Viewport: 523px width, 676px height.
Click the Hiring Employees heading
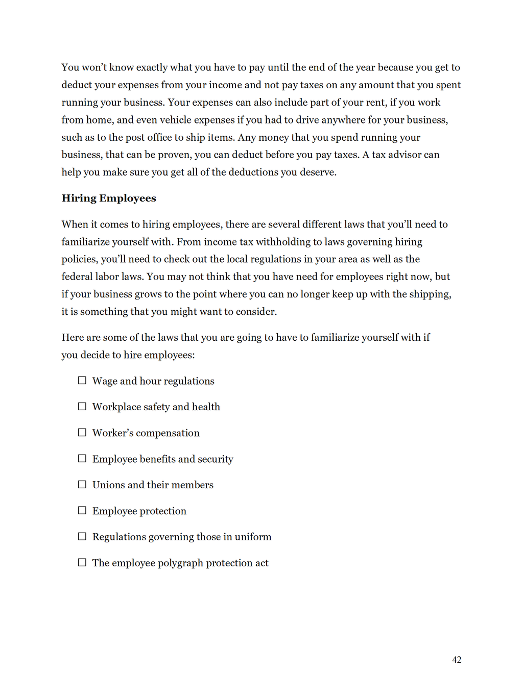109,198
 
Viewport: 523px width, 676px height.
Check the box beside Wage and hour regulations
82,381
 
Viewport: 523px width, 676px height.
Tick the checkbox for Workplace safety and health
82,407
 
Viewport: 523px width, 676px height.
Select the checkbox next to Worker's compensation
82,433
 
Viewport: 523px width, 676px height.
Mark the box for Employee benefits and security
82,459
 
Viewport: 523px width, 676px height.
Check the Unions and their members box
82,485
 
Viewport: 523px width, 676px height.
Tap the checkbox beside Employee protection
82,511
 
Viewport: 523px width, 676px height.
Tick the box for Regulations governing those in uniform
82,537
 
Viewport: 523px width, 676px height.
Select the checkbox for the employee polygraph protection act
82,563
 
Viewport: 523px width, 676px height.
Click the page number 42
457,660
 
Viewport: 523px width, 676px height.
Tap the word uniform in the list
253,537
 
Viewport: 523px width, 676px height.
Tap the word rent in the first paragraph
375,103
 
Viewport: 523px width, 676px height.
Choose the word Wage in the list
105,381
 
